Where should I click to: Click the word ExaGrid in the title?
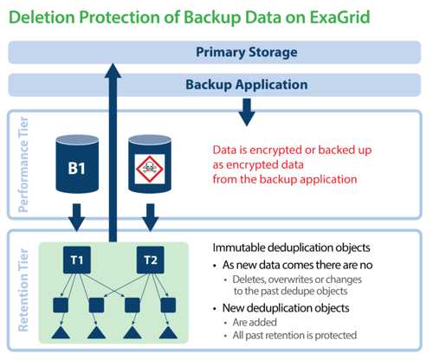(x=339, y=16)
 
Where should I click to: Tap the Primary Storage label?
(x=247, y=52)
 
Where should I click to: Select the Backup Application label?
(x=247, y=85)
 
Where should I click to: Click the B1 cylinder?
(x=77, y=164)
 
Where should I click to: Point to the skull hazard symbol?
(x=150, y=169)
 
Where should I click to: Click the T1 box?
(x=77, y=260)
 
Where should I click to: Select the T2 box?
(x=151, y=260)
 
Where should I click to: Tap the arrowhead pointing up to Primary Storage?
(x=113, y=70)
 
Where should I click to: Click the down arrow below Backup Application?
(x=247, y=112)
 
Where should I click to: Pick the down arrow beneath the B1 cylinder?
(x=77, y=217)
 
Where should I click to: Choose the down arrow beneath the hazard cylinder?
(x=151, y=217)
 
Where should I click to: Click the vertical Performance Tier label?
(x=23, y=164)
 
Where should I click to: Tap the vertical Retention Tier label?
(x=23, y=290)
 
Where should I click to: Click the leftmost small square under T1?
(x=61, y=305)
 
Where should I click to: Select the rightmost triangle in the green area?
(x=168, y=332)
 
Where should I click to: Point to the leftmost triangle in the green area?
(x=61, y=332)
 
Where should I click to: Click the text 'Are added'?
(x=255, y=322)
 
